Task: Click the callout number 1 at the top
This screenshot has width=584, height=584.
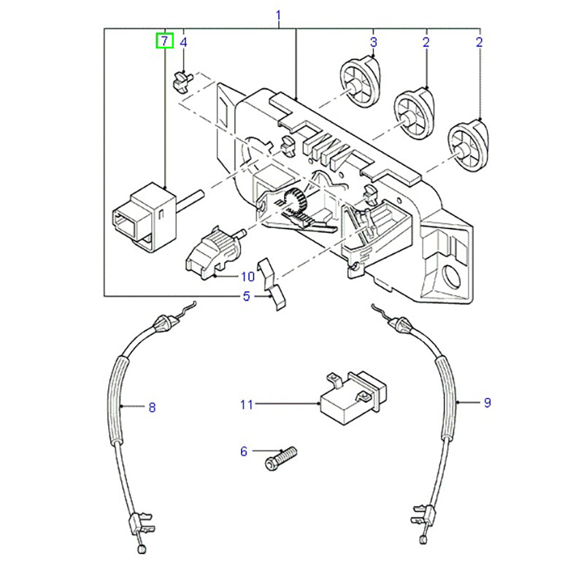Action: click(277, 15)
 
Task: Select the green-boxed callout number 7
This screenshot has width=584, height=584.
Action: click(165, 42)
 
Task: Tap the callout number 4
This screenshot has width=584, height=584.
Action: click(184, 42)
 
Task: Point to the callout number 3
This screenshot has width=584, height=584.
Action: click(373, 42)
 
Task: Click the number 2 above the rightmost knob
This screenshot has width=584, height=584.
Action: click(479, 42)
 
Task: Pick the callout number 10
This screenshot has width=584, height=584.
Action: click(247, 277)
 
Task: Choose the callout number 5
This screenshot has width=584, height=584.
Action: click(247, 296)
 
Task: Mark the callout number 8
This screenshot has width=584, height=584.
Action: click(152, 407)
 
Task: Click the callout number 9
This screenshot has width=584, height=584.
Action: click(488, 402)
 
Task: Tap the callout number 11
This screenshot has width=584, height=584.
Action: click(245, 404)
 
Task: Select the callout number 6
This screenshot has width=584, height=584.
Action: click(244, 452)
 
